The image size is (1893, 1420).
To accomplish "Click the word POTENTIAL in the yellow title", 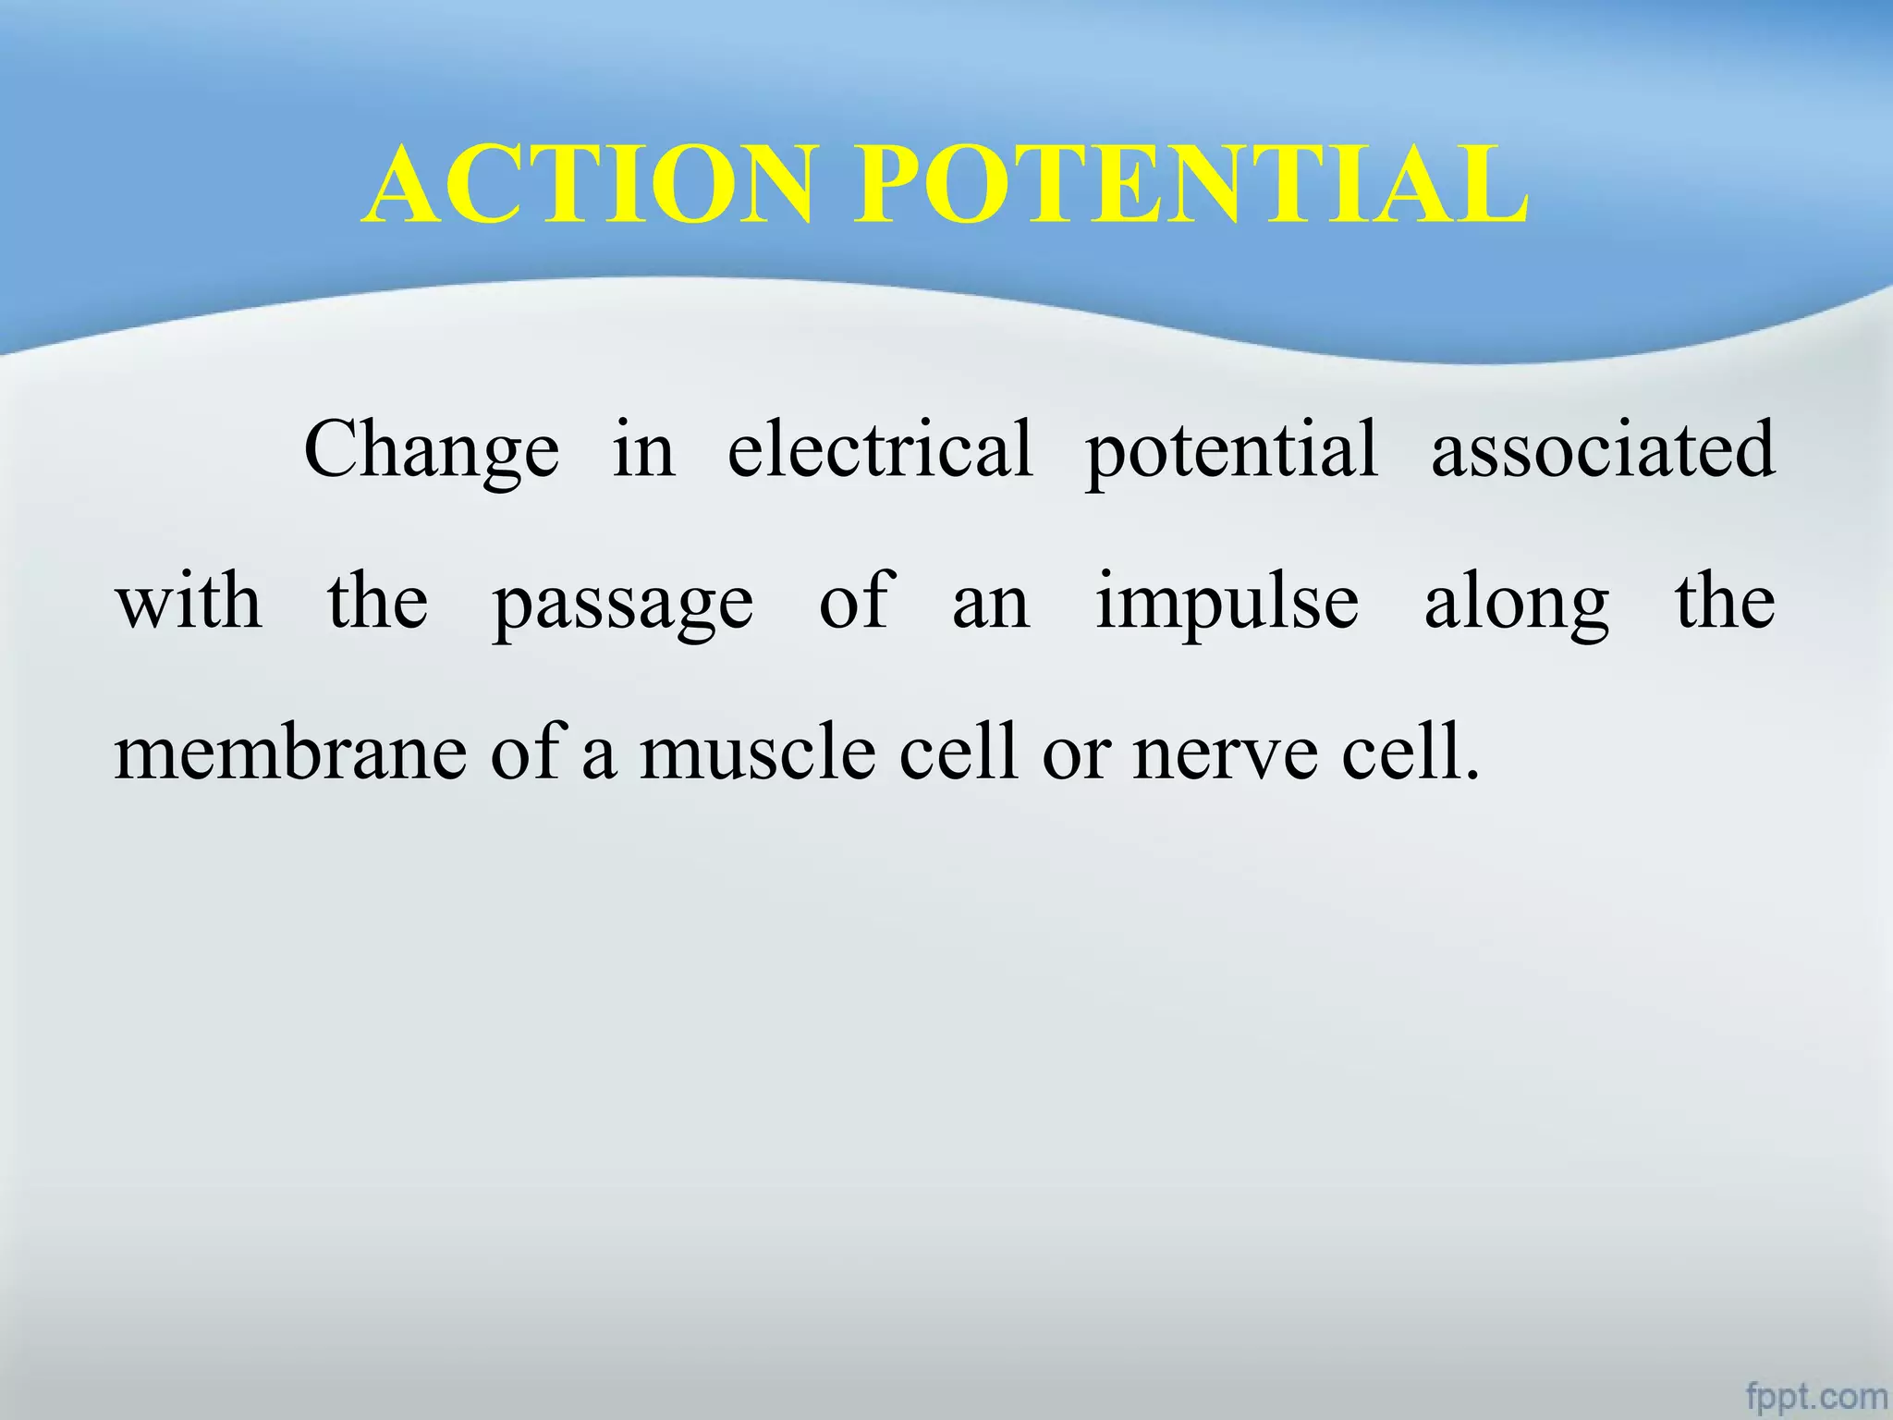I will [x=1190, y=185].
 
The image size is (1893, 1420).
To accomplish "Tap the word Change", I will [x=432, y=450].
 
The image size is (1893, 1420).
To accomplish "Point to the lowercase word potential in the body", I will [x=1231, y=450].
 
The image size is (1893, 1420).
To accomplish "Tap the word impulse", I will [x=1227, y=603].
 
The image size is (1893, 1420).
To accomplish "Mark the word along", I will [x=1517, y=603].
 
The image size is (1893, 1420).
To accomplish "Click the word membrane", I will [x=290, y=753].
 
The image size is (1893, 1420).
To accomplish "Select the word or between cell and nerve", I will [x=1076, y=754].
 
